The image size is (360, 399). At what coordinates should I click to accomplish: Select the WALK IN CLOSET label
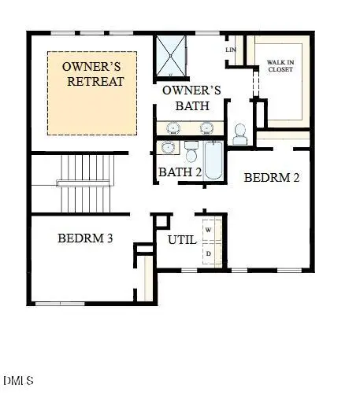(280, 65)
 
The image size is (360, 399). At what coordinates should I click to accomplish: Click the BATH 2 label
(180, 172)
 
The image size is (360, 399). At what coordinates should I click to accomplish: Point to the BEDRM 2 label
(272, 177)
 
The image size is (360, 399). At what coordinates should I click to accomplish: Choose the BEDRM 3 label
(86, 238)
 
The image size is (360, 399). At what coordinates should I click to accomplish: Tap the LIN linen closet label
(231, 50)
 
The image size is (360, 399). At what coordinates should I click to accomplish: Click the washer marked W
(209, 229)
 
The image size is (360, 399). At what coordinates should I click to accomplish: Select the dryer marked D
(209, 253)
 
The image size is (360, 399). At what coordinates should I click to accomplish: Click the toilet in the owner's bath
(240, 135)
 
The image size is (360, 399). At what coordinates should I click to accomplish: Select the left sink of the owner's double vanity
(172, 127)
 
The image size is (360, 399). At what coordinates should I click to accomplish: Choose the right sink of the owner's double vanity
(206, 127)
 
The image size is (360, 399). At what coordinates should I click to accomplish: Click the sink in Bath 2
(168, 147)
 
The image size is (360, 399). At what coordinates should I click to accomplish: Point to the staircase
(86, 183)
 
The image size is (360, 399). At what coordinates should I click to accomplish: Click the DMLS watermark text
(17, 381)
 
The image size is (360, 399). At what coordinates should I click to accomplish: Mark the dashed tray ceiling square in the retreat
(92, 92)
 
